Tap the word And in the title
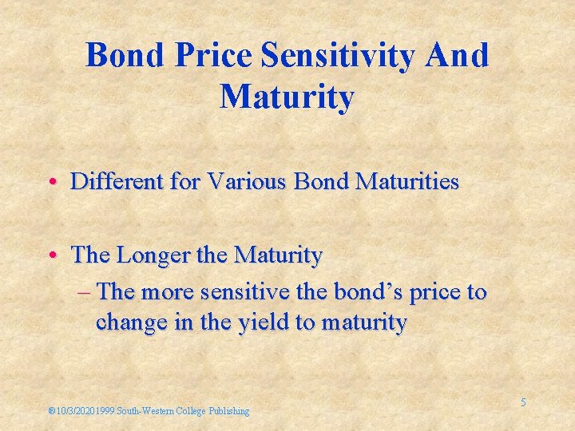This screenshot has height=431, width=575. [458, 56]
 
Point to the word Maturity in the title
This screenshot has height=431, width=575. [287, 97]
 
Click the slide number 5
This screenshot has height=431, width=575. [523, 403]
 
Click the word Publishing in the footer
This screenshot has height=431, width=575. [229, 411]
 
